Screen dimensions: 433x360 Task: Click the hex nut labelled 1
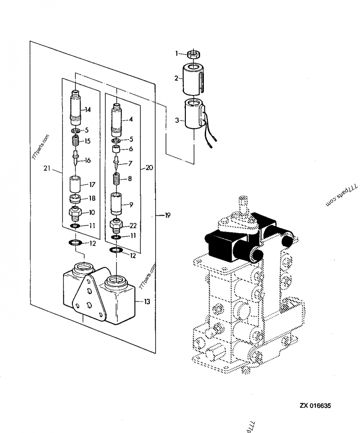pyautogui.click(x=194, y=54)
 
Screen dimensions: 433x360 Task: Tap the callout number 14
pyautogui.click(x=87, y=109)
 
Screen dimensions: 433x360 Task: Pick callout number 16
pyautogui.click(x=87, y=160)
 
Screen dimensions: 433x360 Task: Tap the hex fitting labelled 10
pyautogui.click(x=75, y=212)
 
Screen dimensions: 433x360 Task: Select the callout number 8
pyautogui.click(x=130, y=179)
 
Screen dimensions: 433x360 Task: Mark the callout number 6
pyautogui.click(x=130, y=149)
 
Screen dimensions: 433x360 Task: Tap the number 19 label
pyautogui.click(x=167, y=216)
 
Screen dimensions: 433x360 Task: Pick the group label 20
pyautogui.click(x=149, y=167)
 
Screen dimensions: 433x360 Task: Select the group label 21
pyautogui.click(x=47, y=168)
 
